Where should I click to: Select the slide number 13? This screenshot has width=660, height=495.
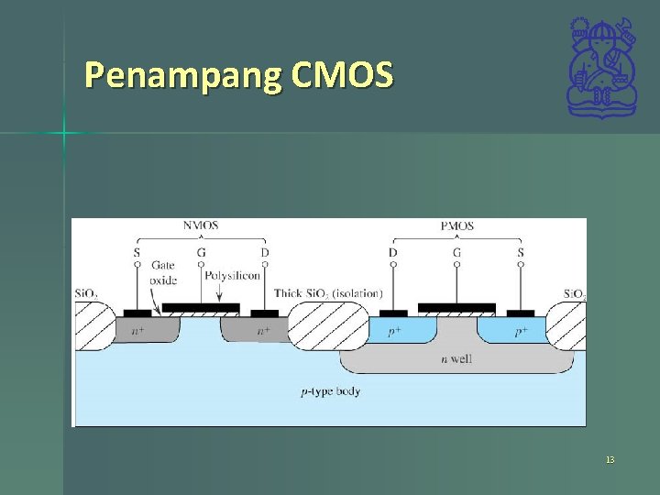[x=610, y=459]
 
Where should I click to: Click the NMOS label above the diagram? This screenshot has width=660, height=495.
[x=201, y=225]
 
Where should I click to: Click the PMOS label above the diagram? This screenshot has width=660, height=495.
[x=456, y=225]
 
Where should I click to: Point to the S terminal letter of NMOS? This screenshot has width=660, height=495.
[x=137, y=252]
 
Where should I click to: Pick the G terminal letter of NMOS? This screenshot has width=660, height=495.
[x=201, y=252]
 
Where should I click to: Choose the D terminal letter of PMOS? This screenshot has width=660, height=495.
[x=393, y=252]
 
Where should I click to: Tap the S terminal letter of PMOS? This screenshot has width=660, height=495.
[x=521, y=252]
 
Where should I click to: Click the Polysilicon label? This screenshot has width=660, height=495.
[x=233, y=275]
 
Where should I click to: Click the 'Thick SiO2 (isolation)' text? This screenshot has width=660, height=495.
[x=328, y=293]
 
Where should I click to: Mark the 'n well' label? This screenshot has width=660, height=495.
[x=456, y=358]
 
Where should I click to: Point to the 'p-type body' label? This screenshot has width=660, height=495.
[x=331, y=391]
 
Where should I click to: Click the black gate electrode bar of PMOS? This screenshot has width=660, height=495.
[x=456, y=308]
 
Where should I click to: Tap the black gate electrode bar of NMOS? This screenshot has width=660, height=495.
[x=201, y=308]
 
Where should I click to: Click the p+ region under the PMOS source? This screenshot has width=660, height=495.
[x=520, y=330]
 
